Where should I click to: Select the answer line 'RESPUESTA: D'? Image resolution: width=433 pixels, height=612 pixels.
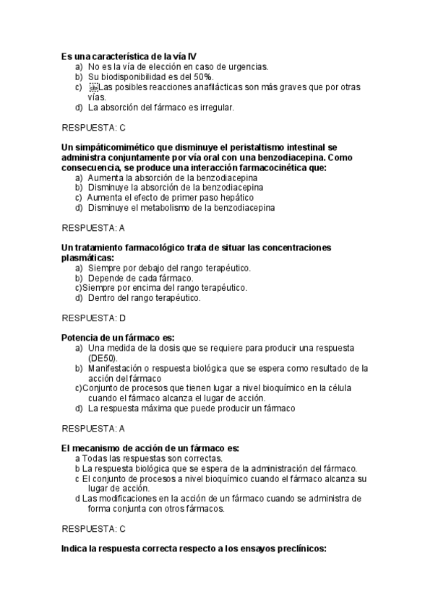pyautogui.click(x=94, y=318)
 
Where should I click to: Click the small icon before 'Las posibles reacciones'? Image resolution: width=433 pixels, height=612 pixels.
pyautogui.click(x=93, y=87)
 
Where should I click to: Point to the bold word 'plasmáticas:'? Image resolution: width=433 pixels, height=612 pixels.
pyautogui.click(x=87, y=258)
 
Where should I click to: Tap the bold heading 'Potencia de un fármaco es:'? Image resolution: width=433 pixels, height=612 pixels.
pyautogui.click(x=118, y=337)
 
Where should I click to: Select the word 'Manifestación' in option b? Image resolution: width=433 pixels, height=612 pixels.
pyautogui.click(x=116, y=368)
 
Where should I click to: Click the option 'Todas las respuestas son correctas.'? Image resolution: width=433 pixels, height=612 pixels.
pyautogui.click(x=152, y=458)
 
